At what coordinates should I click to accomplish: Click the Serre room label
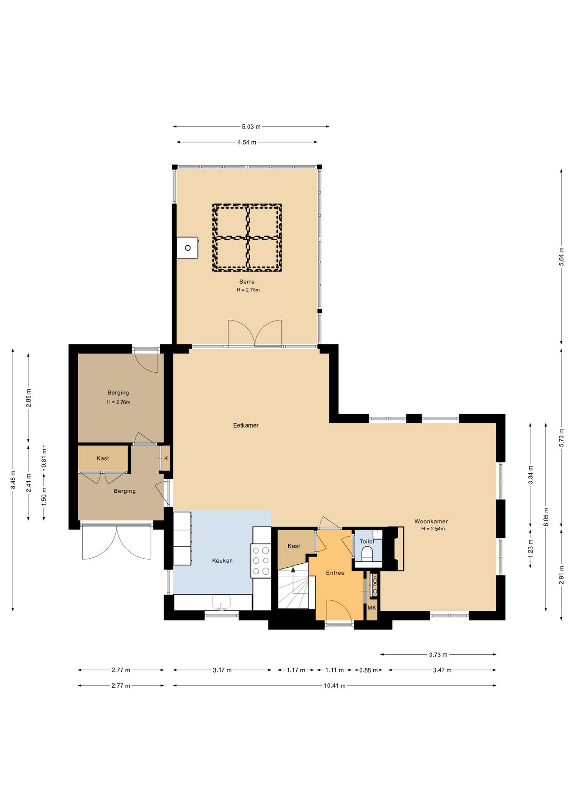[247, 282]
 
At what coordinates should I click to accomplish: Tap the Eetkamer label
[246, 425]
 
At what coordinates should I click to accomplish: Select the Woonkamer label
[431, 521]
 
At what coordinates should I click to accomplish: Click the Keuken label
[222, 561]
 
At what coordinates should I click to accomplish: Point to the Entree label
[335, 573]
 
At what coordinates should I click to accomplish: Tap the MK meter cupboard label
[372, 608]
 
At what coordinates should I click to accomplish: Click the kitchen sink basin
[221, 602]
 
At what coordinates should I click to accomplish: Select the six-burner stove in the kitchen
[261, 561]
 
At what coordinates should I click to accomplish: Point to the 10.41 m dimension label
[335, 686]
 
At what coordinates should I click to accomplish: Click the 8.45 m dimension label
[13, 480]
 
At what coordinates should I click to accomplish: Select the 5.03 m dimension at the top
[251, 126]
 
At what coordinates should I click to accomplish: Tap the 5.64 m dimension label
[561, 257]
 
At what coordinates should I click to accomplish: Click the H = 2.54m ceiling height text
[433, 529]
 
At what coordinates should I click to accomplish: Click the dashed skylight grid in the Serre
[247, 238]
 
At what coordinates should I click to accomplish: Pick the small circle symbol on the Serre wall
[188, 248]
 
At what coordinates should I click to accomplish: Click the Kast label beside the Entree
[294, 546]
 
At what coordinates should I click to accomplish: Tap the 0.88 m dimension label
[368, 670]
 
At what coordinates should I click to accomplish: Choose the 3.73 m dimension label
[438, 655]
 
